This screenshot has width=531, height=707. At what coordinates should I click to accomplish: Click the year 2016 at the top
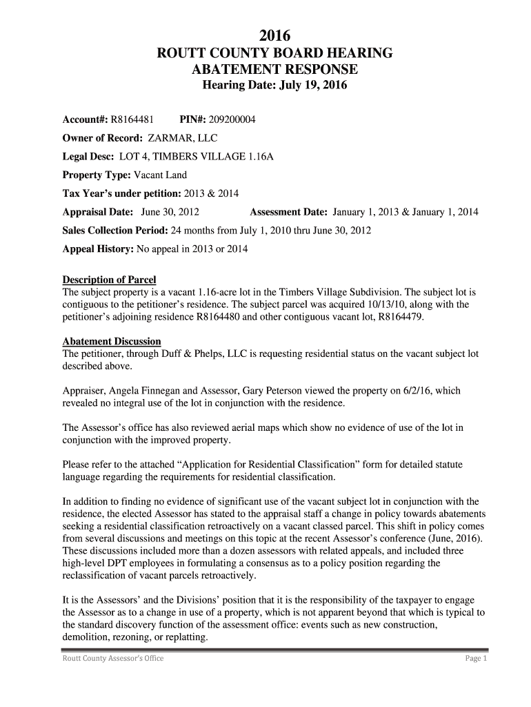(x=274, y=35)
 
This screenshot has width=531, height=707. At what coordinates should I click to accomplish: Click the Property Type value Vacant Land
(x=160, y=175)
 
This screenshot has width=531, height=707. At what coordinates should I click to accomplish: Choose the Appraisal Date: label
(x=99, y=212)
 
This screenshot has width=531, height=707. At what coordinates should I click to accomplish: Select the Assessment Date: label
(x=289, y=212)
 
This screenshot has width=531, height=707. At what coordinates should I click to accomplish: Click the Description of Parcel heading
(x=109, y=280)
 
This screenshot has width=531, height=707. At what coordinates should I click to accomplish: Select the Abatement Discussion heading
(x=112, y=342)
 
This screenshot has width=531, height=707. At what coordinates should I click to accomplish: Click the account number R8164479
(x=397, y=317)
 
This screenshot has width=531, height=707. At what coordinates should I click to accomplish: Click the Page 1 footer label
(x=476, y=659)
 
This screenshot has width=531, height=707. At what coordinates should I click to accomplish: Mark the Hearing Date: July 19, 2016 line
(x=274, y=86)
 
